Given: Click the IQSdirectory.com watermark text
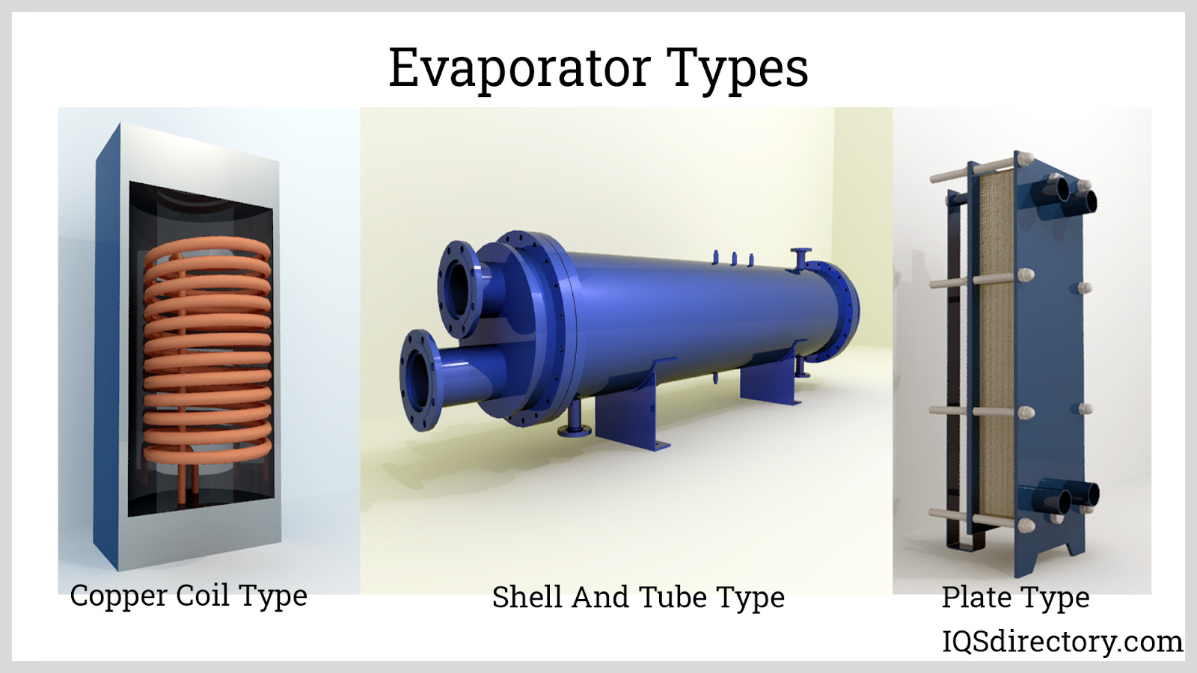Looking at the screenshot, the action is tap(1062, 642).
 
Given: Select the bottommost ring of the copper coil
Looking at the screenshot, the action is tap(207, 452).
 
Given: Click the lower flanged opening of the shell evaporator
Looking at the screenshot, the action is tap(420, 380).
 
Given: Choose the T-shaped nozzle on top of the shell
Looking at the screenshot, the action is tap(800, 259).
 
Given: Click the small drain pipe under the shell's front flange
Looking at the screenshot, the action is tap(574, 420).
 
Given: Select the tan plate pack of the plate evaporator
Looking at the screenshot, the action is tap(996, 345).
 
